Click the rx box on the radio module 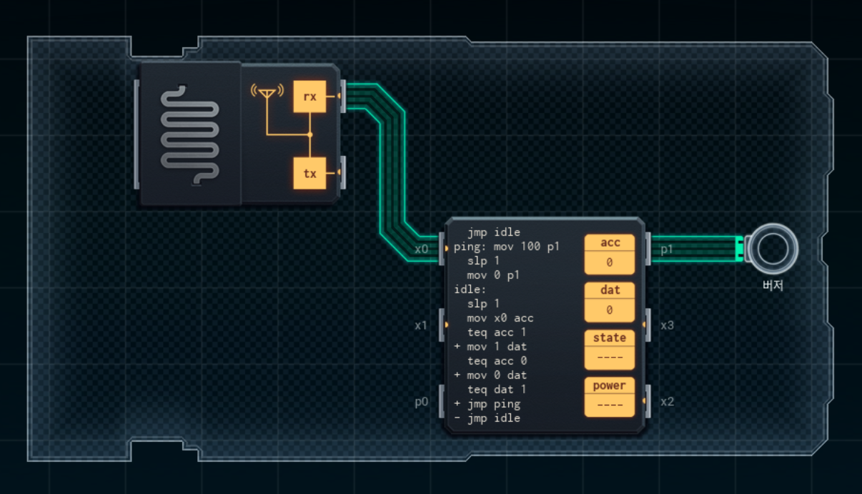[x=309, y=97]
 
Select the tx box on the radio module [x=309, y=174]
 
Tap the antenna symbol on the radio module [x=267, y=92]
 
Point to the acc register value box [x=609, y=262]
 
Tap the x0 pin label [x=422, y=250]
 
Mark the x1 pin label [x=422, y=325]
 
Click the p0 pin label [x=422, y=402]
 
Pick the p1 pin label [x=666, y=250]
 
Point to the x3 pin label [x=667, y=325]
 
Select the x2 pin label [x=667, y=402]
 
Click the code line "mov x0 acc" [x=500, y=318]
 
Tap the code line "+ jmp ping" [x=487, y=404]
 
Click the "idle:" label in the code [x=470, y=290]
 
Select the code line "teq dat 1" [x=497, y=390]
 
